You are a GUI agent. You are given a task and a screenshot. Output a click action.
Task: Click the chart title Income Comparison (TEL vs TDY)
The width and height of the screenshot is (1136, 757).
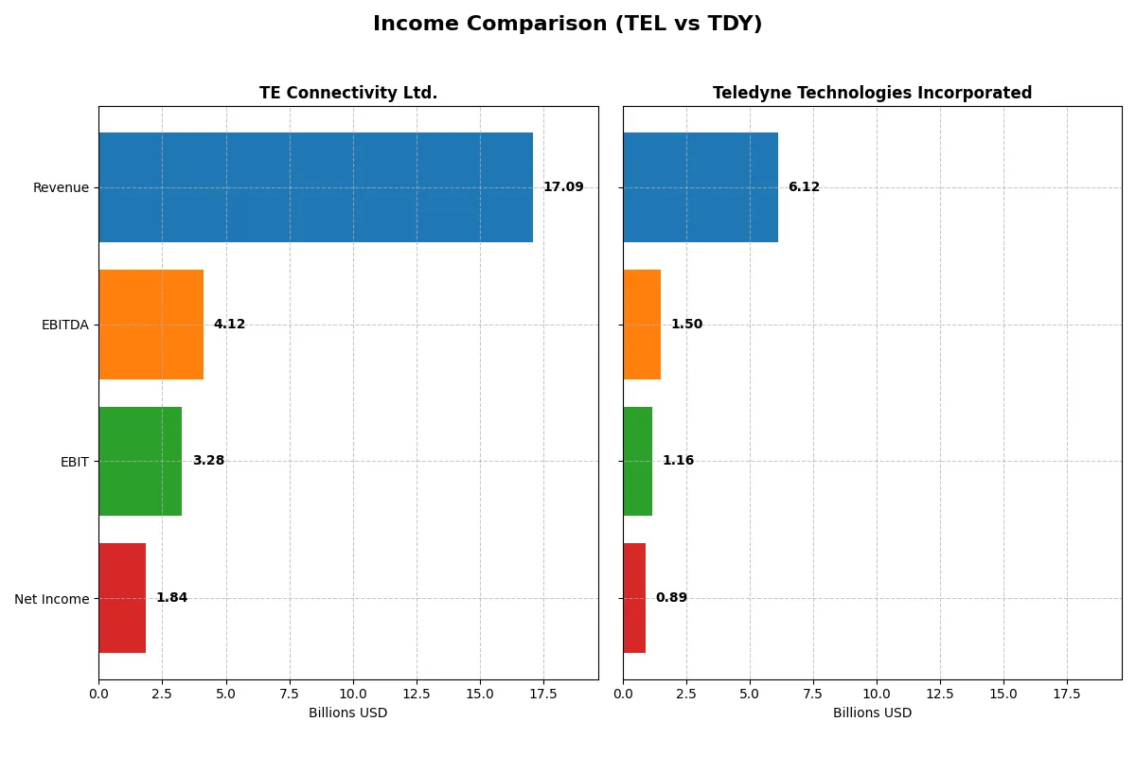click(x=567, y=24)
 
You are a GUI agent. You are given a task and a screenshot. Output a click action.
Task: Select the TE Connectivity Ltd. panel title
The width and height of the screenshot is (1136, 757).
click(x=348, y=93)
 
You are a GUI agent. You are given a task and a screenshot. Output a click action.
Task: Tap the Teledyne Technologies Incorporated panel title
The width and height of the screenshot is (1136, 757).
click(x=872, y=93)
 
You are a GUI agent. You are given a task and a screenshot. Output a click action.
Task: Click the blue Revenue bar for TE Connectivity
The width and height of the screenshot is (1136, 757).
click(x=315, y=187)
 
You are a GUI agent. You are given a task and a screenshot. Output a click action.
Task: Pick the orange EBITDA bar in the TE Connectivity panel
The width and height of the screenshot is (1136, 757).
click(x=151, y=325)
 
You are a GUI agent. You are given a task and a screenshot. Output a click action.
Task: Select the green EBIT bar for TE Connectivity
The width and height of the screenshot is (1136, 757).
click(x=140, y=461)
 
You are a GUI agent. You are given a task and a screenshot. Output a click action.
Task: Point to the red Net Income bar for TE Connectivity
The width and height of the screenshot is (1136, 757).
click(x=122, y=598)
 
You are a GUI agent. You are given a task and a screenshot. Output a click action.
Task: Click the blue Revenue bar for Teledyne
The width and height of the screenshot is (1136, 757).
click(x=701, y=187)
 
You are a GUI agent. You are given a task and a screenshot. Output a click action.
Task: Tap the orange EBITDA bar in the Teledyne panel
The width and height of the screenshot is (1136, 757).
click(x=642, y=325)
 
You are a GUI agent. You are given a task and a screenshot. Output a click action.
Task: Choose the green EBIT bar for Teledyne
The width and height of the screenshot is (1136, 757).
click(x=637, y=461)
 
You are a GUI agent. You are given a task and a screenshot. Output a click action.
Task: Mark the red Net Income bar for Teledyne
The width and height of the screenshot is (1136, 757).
click(x=634, y=598)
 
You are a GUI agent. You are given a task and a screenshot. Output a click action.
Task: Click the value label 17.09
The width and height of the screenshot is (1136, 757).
click(x=563, y=187)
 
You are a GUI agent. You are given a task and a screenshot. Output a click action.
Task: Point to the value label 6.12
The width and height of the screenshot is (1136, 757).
click(x=804, y=187)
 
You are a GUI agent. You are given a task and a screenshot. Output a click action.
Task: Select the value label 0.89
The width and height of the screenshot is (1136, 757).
click(x=671, y=598)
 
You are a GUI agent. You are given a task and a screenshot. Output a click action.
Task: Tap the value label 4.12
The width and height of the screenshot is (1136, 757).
click(x=229, y=325)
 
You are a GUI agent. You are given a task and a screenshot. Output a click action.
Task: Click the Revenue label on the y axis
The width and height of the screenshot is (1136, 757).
click(x=61, y=187)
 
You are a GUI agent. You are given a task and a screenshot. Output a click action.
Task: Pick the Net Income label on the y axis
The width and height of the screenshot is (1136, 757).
click(x=52, y=599)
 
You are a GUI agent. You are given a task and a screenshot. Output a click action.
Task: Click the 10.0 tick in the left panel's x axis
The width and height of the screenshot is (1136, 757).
click(x=353, y=694)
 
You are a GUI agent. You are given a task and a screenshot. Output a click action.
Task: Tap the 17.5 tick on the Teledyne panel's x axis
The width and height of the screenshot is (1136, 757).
click(x=1067, y=694)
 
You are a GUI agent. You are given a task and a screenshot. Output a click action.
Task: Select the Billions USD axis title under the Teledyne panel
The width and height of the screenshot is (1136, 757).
click(x=872, y=713)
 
